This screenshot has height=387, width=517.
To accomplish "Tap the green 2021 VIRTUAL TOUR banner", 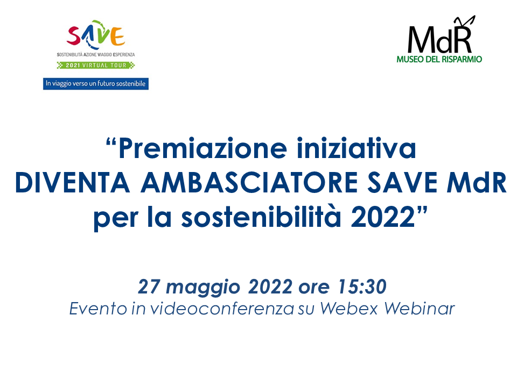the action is (x=96, y=65).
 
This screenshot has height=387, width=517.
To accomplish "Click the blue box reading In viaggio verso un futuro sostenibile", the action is (x=96, y=84).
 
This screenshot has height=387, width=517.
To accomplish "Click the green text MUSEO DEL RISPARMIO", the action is (x=439, y=59).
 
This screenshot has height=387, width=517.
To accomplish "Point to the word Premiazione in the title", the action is (x=202, y=149).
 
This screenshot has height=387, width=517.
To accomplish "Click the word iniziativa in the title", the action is (x=356, y=148).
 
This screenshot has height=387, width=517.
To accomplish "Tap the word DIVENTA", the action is (x=72, y=183).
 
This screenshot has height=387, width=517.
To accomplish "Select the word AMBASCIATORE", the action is (x=249, y=183).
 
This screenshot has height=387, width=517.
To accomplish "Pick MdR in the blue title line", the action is (x=477, y=183).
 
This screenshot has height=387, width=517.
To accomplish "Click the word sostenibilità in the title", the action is (x=261, y=217).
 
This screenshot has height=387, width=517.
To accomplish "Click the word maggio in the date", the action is (x=203, y=288).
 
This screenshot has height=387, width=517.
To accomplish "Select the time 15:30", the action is (x=362, y=286).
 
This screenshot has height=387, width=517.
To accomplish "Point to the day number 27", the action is (x=149, y=286).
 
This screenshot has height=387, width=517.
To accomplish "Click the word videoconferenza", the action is (x=222, y=309).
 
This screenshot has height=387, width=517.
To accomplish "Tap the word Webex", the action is (x=349, y=309).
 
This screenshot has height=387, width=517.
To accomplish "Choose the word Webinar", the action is (x=420, y=309).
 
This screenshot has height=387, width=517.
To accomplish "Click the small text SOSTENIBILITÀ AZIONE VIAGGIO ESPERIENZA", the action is (x=96, y=55).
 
